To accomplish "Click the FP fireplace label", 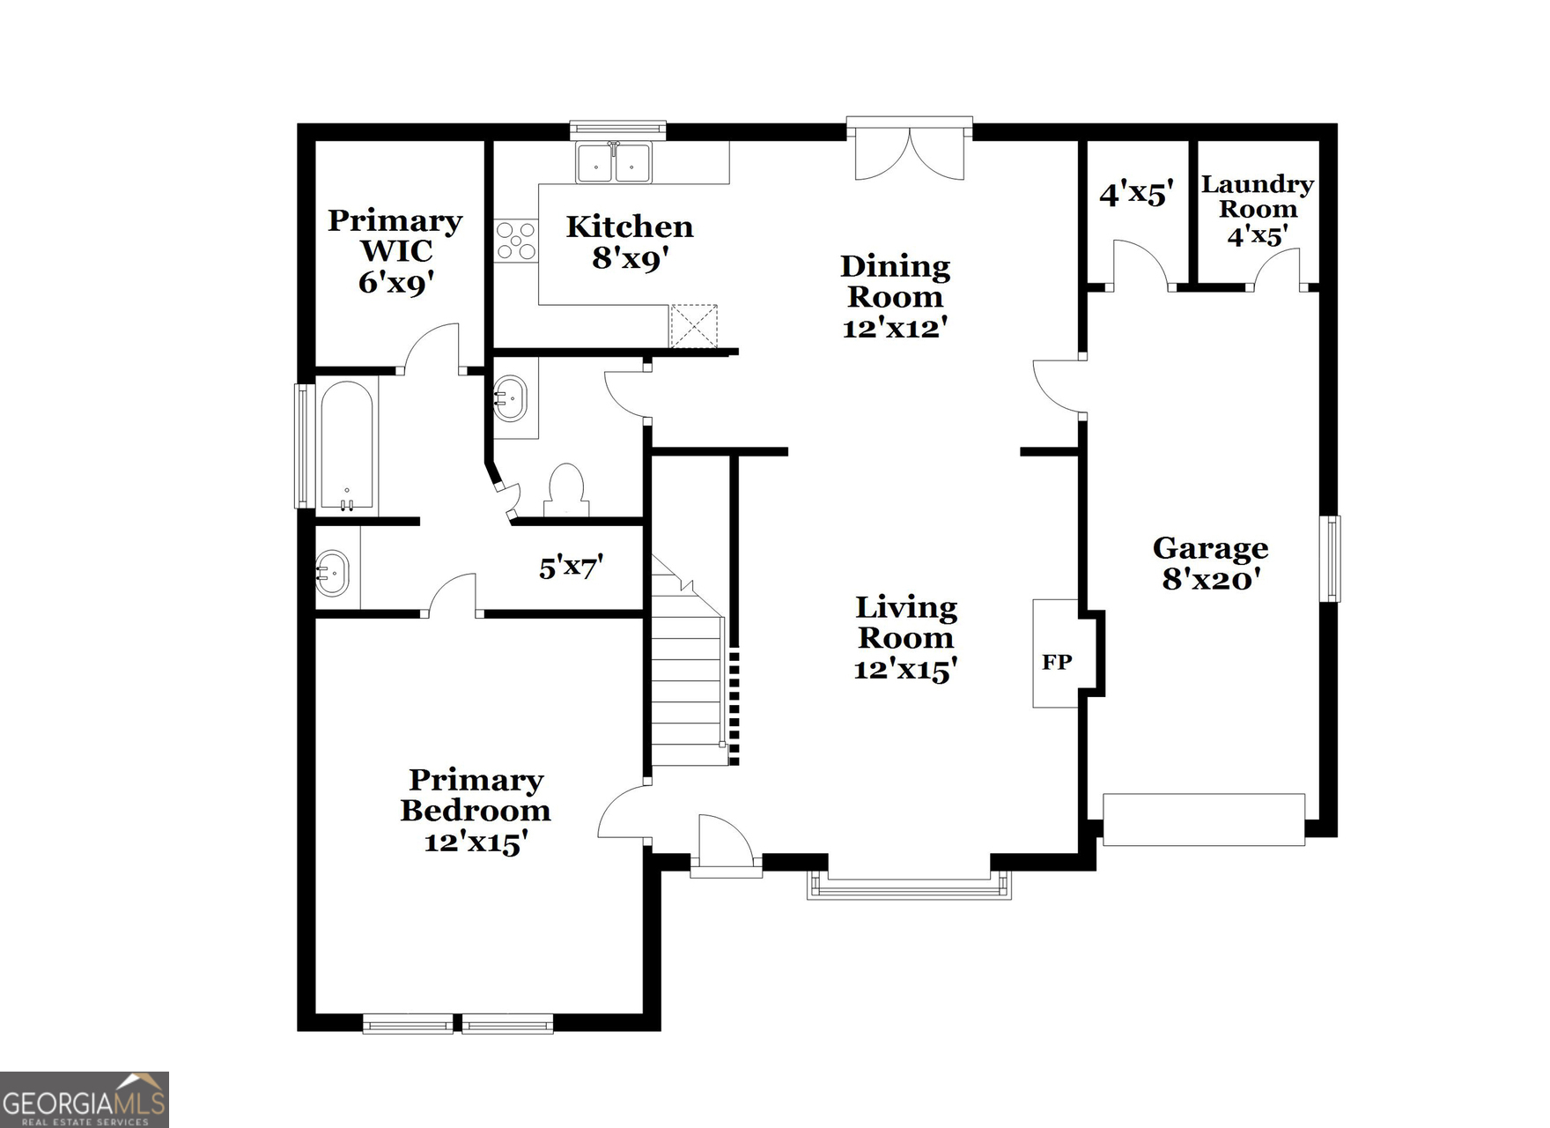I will point(1057,662).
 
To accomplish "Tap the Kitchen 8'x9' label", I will point(629,241).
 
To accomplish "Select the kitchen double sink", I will point(614,163).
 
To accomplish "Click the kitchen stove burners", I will point(515,241).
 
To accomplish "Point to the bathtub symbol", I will point(347,446).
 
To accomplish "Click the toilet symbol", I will point(566,490).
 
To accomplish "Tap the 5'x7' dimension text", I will point(571,567).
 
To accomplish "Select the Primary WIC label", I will point(395,250).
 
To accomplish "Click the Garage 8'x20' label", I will point(1211,563).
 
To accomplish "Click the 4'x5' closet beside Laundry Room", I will point(1136,193).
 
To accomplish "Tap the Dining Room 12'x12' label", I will point(895,296).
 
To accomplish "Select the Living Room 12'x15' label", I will point(906,638).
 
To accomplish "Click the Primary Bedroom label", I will point(476,810).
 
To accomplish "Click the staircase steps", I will point(687,679).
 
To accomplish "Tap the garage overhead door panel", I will point(1203,820).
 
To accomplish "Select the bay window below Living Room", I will point(909,887).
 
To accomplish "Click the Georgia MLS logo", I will point(85,1100).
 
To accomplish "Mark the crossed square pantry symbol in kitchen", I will point(694,326).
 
